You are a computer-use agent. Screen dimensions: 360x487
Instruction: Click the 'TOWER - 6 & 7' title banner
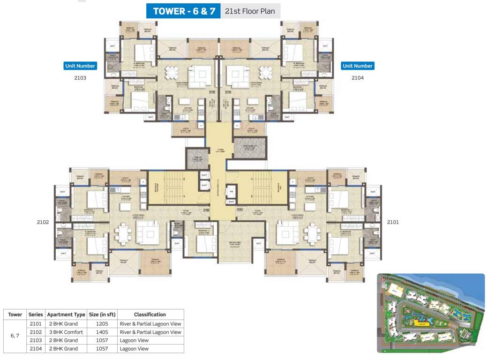pos(183,11)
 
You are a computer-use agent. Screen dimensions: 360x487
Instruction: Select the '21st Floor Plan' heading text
pos(250,11)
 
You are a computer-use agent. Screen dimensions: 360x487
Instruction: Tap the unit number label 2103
pos(80,78)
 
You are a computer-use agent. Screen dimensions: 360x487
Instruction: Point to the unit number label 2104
pos(358,78)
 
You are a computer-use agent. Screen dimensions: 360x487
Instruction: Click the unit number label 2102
pos(43,222)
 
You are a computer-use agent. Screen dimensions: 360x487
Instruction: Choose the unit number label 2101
pos(393,222)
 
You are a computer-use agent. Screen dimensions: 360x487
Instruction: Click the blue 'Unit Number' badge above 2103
pos(80,66)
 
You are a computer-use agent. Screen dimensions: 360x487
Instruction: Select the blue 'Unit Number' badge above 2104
pos(358,66)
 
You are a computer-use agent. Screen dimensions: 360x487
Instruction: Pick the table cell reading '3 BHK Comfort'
pos(66,332)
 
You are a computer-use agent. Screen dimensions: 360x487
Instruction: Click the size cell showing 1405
pos(102,332)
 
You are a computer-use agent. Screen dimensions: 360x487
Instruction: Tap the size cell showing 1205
pos(102,324)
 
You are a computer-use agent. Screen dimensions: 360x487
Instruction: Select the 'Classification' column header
pos(150,315)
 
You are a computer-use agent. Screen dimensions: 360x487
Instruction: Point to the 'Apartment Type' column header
pos(66,315)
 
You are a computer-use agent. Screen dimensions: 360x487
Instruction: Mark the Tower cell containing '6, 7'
pos(15,336)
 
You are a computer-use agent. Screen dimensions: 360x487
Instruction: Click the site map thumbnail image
pos(431,313)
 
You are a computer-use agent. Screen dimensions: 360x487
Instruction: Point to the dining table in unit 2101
pos(312,232)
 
